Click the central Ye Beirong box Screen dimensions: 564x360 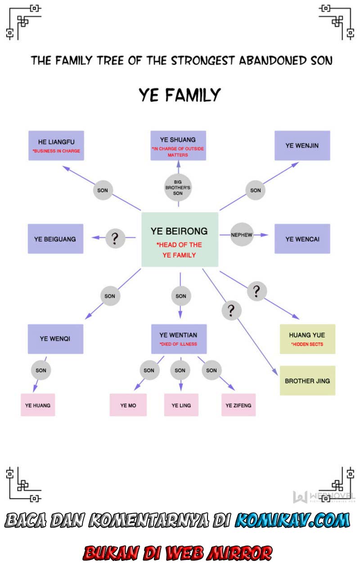point(180,239)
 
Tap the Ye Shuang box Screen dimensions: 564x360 point(178,145)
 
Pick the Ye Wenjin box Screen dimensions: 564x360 point(302,145)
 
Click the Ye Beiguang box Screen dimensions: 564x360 point(55,239)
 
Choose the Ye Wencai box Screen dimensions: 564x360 point(302,239)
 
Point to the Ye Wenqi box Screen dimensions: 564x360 point(55,338)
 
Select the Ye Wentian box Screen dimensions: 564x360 point(179,338)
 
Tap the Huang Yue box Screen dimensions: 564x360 point(307,338)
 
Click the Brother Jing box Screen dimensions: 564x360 point(307,380)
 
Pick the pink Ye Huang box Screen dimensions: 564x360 point(38,405)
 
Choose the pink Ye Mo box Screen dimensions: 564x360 point(128,405)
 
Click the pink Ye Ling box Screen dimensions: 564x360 point(181,405)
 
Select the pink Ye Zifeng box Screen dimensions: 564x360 point(238,405)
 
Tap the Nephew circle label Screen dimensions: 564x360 point(242,235)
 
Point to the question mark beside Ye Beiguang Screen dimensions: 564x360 point(115,238)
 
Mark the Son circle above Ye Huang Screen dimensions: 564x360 point(41,370)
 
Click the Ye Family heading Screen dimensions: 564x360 point(180,95)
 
